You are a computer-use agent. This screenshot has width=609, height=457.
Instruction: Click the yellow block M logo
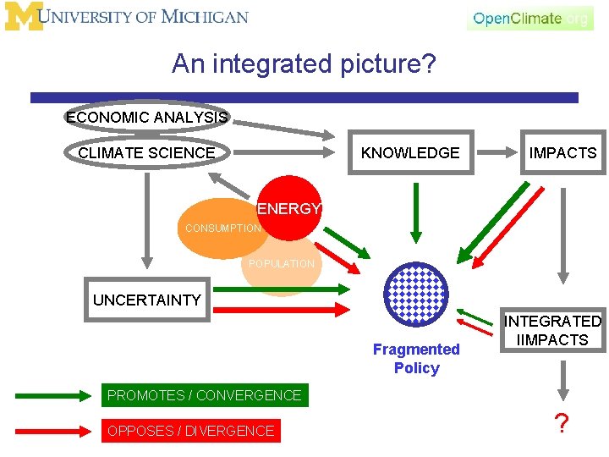pos(21,17)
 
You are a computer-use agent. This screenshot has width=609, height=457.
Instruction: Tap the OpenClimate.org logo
pos(529,18)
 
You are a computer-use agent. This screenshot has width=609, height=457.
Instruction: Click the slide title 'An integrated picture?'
pos(304,63)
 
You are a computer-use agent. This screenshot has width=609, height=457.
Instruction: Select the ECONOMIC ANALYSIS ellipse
pos(146,118)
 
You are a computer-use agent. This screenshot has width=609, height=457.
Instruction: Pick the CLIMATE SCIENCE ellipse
pos(146,153)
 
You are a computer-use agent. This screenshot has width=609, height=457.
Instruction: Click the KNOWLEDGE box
pos(410,153)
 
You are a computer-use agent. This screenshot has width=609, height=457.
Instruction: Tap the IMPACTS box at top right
pos(562,153)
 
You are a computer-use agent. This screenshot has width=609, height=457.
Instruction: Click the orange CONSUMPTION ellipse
pos(222,228)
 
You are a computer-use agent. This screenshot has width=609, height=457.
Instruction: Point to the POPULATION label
pos(282,264)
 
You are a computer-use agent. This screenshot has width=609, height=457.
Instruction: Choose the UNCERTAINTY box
pos(147,300)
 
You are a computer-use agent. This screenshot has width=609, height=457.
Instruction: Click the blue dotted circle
pos(414,295)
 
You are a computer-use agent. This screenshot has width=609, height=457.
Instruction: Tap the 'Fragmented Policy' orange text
pos(416,359)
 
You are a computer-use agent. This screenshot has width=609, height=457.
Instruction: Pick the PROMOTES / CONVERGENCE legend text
pos(204,395)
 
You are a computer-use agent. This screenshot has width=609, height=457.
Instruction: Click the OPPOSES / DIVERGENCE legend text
pos(190,431)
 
